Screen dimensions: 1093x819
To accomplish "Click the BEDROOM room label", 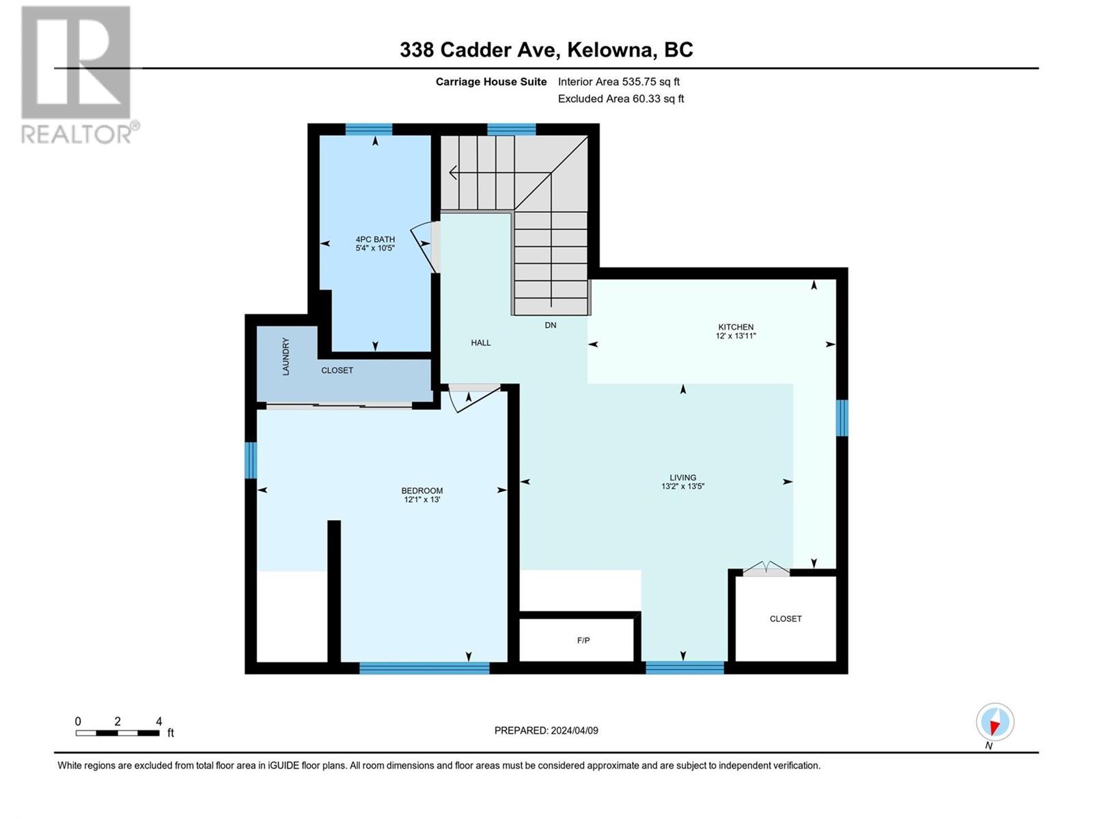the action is click(421, 490).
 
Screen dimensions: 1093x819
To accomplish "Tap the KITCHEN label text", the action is click(736, 327).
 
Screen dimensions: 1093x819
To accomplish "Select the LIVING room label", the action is click(682, 477).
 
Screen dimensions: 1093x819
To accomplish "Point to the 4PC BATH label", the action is click(375, 239).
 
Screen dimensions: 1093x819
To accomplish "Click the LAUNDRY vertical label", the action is click(286, 356).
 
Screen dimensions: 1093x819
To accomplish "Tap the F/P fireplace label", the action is click(583, 640).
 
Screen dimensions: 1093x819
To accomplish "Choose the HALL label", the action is click(480, 343).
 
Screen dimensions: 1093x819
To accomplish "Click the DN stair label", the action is click(550, 326).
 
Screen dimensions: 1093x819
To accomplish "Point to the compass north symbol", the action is click(995, 723).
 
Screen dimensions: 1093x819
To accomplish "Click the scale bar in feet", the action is click(117, 733).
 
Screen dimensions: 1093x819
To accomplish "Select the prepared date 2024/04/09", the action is click(574, 730).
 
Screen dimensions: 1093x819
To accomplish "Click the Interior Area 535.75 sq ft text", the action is click(618, 81).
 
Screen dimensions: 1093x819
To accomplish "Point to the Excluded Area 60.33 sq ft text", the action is click(620, 98).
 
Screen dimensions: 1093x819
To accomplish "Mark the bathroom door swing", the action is click(424, 247).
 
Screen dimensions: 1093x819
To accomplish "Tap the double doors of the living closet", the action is click(766, 569).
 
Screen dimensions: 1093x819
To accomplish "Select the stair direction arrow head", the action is click(454, 173).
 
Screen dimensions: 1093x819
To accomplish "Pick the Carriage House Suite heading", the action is click(491, 82).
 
